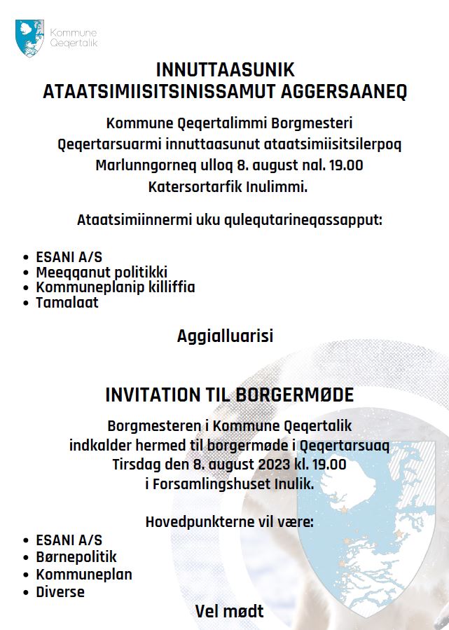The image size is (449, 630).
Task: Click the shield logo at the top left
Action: tap(29, 38)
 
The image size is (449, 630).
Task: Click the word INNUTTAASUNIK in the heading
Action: tap(225, 71)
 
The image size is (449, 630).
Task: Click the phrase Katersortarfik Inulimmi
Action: tap(228, 187)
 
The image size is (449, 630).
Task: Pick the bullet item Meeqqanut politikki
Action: tap(102, 271)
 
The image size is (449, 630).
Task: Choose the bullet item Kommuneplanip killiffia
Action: tap(116, 287)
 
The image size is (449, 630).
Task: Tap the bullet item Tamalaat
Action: tap(67, 303)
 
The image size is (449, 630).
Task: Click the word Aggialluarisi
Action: tap(225, 336)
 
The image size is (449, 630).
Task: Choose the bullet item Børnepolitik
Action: tap(76, 557)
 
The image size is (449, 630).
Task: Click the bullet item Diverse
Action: tap(60, 591)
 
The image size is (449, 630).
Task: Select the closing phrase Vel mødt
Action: tap(229, 612)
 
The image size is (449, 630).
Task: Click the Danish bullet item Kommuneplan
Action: tap(84, 575)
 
